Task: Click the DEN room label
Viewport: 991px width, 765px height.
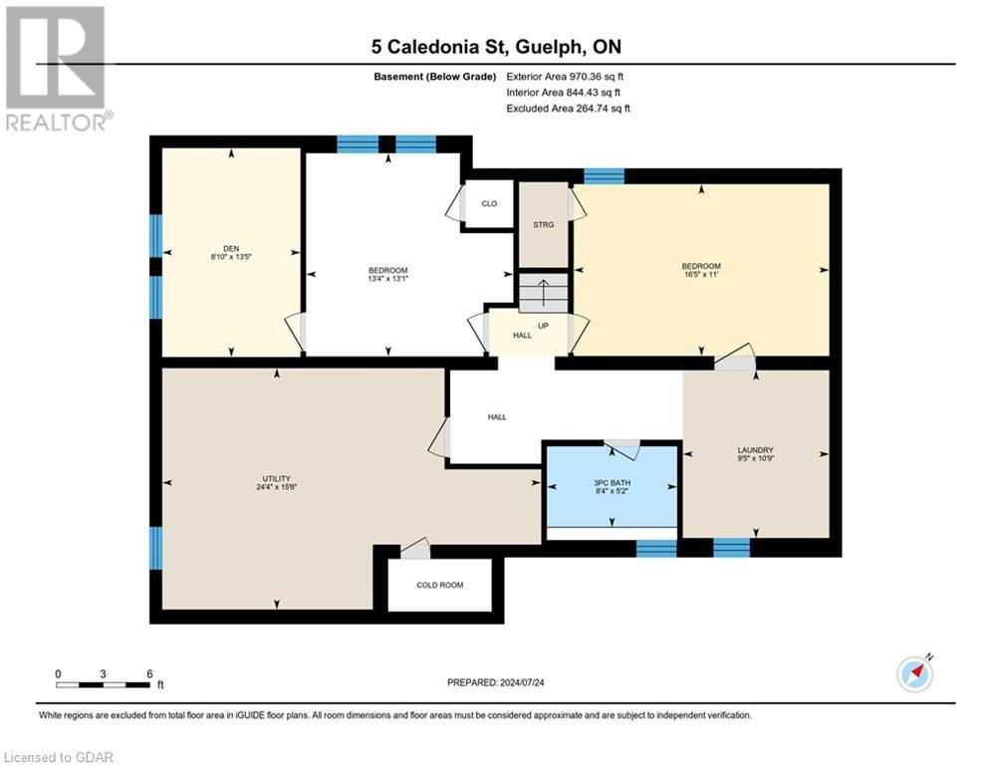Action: [231, 250]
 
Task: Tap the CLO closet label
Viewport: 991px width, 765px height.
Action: [489, 204]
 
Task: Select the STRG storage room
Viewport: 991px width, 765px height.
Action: [543, 225]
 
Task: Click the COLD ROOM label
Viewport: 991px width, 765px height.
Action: [439, 585]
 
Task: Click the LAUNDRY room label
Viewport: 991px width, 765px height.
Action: [755, 450]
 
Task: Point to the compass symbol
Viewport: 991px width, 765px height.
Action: [915, 673]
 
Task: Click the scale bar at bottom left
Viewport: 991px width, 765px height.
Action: [104, 684]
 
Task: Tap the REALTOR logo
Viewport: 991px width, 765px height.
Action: [56, 68]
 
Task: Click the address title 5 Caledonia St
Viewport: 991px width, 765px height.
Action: [495, 47]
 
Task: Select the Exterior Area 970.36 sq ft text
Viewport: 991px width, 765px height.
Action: [565, 76]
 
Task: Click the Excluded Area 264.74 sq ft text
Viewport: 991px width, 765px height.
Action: [568, 108]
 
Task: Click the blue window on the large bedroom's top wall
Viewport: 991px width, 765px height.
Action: [604, 176]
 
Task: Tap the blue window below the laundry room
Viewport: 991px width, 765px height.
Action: [732, 547]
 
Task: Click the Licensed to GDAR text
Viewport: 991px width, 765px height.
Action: [59, 757]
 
